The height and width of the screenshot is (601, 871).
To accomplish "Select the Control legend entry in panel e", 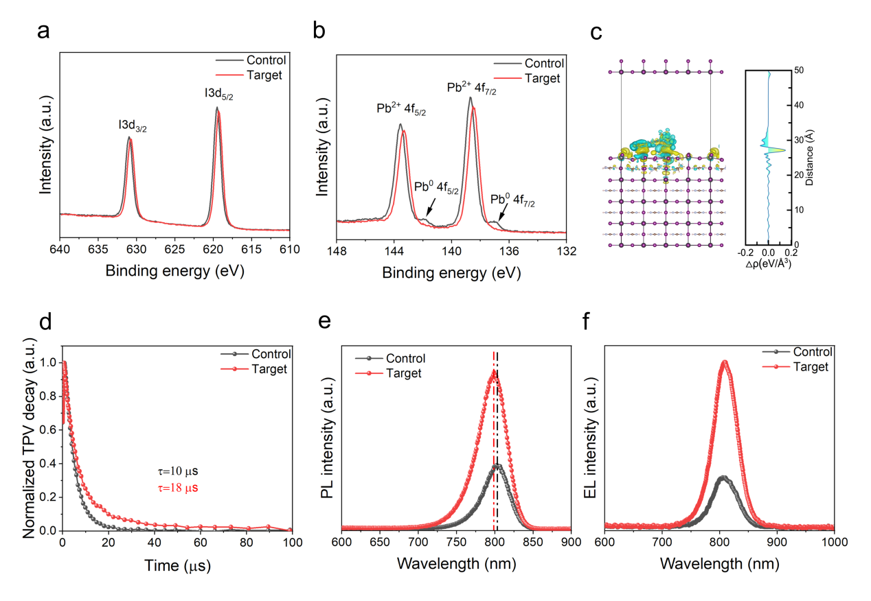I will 405,358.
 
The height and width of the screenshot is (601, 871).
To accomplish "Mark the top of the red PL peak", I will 493,372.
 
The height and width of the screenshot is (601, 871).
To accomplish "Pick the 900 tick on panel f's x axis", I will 776,540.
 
